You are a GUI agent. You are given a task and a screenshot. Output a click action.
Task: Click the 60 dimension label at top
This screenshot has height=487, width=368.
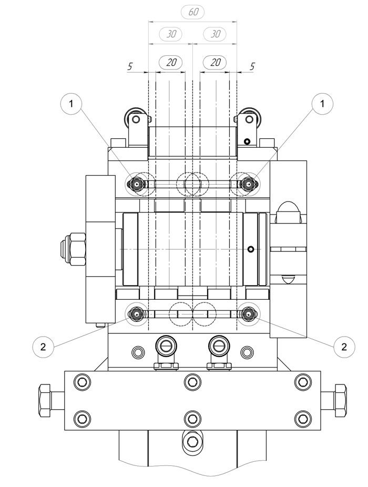click(x=192, y=13)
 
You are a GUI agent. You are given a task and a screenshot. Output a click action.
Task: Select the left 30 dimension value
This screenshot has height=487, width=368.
click(x=171, y=34)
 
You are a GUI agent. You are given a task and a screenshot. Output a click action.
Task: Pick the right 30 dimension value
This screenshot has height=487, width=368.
click(x=215, y=34)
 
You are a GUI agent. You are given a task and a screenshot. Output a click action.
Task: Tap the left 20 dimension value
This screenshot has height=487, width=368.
click(x=171, y=63)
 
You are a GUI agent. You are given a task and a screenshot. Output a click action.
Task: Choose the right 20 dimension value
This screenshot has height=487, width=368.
click(x=215, y=63)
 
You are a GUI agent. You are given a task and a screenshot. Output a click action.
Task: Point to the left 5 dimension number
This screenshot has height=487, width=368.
click(x=130, y=66)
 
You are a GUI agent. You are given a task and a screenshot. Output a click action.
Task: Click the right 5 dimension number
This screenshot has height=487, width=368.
click(x=252, y=66)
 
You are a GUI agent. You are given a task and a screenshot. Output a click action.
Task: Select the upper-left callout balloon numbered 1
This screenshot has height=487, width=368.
click(x=71, y=104)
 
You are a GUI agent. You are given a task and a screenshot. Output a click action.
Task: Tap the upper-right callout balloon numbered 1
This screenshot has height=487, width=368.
click(x=322, y=104)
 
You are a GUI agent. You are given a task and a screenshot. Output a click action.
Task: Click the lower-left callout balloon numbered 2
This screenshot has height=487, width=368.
click(x=43, y=346)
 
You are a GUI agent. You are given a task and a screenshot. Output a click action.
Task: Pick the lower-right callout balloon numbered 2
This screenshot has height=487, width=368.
click(x=344, y=347)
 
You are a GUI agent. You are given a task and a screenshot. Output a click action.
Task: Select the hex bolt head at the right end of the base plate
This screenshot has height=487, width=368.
click(x=340, y=401)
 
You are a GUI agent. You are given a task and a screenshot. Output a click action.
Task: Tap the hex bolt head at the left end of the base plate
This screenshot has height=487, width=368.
click(x=45, y=401)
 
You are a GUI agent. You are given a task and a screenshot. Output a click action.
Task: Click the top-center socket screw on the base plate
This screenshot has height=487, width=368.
click(x=192, y=381)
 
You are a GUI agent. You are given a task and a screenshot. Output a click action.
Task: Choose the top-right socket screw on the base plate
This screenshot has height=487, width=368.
click(x=302, y=381)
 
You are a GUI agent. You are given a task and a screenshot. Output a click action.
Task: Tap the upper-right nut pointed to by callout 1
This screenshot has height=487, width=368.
click(x=248, y=184)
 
